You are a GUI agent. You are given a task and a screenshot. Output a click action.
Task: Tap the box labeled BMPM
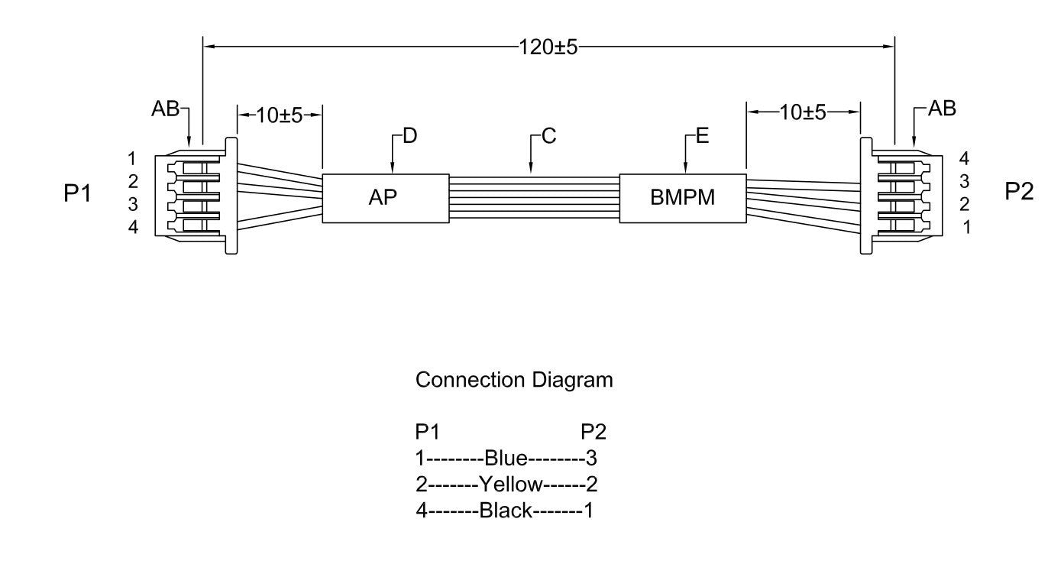pyautogui.click(x=682, y=198)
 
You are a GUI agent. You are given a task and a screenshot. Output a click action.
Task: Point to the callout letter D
pyautogui.click(x=410, y=137)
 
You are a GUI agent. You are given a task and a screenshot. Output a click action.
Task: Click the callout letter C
pyautogui.click(x=548, y=137)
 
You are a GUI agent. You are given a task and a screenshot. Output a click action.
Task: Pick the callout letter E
pyautogui.click(x=703, y=137)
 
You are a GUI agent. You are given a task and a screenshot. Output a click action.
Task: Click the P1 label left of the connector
pyautogui.click(x=77, y=193)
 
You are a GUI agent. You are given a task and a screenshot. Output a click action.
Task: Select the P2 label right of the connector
pyautogui.click(x=1019, y=192)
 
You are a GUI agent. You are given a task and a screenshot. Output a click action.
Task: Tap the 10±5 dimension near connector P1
pyautogui.click(x=280, y=115)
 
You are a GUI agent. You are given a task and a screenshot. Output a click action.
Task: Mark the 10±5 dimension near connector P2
pyautogui.click(x=803, y=113)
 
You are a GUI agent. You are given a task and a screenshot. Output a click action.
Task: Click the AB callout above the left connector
pyautogui.click(x=165, y=109)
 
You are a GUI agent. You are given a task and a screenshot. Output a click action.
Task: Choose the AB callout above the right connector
pyautogui.click(x=942, y=109)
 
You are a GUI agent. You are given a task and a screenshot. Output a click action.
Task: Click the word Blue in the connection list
pyautogui.click(x=506, y=459)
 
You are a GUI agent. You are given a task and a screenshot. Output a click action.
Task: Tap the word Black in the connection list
pyautogui.click(x=505, y=510)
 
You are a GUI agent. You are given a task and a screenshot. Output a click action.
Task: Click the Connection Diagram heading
pyautogui.click(x=514, y=380)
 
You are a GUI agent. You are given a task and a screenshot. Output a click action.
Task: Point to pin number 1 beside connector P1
pyautogui.click(x=132, y=159)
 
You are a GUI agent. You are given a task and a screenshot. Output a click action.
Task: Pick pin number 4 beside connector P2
pyautogui.click(x=965, y=159)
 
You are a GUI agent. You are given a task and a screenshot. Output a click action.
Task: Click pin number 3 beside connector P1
pyautogui.click(x=132, y=204)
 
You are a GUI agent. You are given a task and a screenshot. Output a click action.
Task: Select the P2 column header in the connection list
pyautogui.click(x=593, y=433)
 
